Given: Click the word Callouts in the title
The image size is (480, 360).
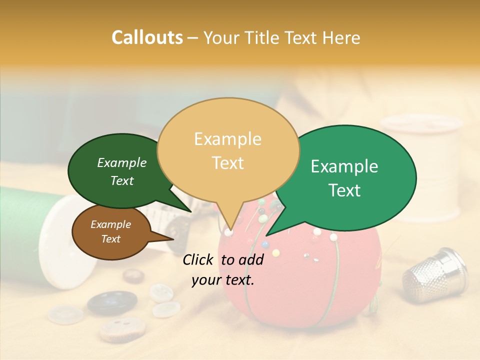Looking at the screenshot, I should (x=147, y=37).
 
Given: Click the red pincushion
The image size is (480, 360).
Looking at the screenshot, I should (x=300, y=285).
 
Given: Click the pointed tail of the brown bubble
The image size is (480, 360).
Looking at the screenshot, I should (x=167, y=237).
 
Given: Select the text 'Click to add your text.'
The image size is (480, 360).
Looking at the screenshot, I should (x=223, y=269).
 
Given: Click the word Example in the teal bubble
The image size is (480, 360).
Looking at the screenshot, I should (x=344, y=166).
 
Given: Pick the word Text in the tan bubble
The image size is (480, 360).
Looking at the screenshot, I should (x=228, y=163).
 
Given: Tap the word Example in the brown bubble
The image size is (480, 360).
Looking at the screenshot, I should (x=110, y=224).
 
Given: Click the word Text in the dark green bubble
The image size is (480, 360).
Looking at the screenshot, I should (x=122, y=181).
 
